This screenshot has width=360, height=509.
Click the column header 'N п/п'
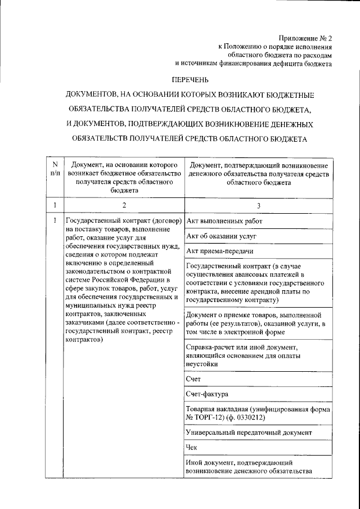click(55, 168)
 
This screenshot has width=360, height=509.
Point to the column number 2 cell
click(124, 205)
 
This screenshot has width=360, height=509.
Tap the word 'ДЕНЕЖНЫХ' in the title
click(286, 123)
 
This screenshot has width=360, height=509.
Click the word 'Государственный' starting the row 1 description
click(93, 220)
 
